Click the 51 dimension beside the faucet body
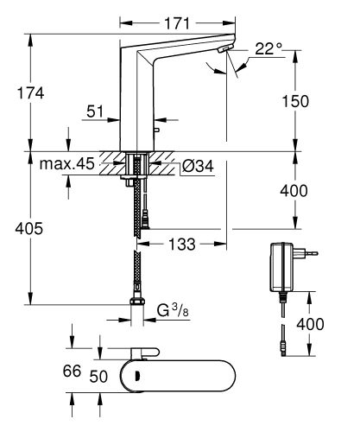(97, 111)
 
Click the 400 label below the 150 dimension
(294, 189)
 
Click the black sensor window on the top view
(136, 372)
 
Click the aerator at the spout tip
(225, 53)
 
